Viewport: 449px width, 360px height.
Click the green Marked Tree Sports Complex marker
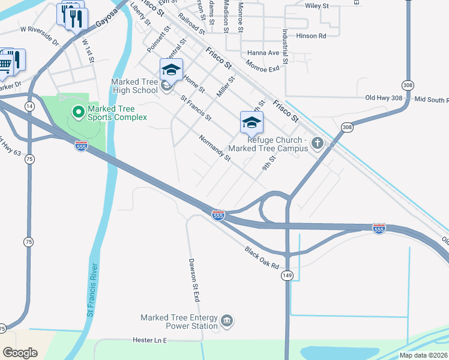tap(77, 112)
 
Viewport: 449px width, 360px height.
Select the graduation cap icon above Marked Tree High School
tap(171, 70)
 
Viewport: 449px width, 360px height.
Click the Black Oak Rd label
tap(262, 257)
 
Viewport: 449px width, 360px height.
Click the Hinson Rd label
tap(310, 36)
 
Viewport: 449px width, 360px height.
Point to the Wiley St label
tap(317, 5)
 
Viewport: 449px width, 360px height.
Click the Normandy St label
tap(215, 148)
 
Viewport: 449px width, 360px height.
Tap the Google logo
tap(20, 352)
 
